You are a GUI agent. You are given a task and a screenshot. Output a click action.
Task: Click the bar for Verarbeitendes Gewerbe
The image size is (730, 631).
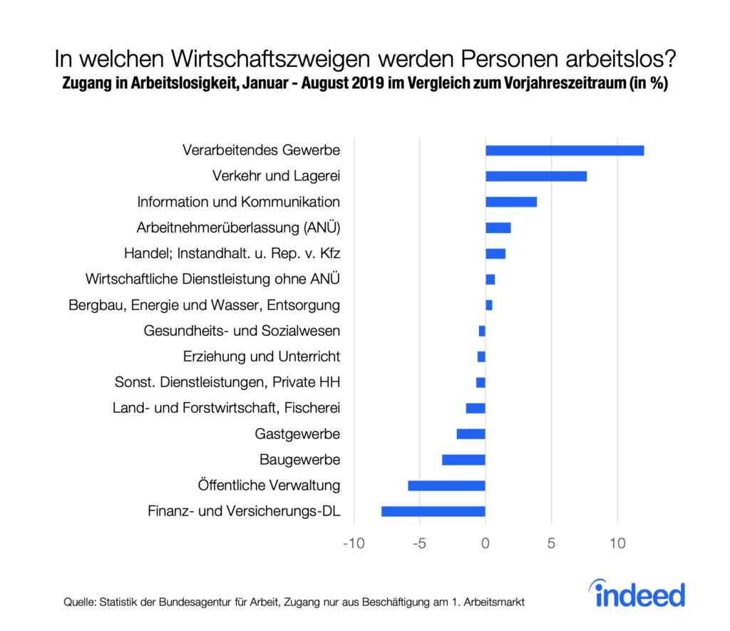(565, 150)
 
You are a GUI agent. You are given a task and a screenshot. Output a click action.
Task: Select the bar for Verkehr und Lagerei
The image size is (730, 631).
(536, 176)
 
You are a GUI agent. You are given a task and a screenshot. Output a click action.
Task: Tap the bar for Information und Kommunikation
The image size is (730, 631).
(511, 202)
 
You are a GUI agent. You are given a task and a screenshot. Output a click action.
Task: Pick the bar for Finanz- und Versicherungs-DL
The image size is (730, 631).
(433, 511)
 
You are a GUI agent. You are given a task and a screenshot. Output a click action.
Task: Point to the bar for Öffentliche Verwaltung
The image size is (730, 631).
(447, 486)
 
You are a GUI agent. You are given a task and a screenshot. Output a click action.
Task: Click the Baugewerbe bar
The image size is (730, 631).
(464, 460)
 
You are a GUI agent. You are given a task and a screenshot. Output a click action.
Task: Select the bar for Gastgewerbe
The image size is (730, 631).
(471, 434)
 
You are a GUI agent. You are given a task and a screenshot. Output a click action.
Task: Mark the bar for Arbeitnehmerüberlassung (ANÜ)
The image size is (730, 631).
(498, 227)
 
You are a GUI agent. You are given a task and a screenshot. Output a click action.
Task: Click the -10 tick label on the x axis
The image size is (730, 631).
(354, 544)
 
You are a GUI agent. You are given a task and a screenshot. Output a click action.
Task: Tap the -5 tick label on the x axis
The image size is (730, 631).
(419, 544)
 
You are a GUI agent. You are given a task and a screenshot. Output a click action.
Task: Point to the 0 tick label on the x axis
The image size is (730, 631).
(485, 544)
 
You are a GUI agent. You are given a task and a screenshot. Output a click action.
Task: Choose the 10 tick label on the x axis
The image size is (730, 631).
(617, 544)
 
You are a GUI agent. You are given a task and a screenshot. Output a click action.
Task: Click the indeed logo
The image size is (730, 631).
(637, 594)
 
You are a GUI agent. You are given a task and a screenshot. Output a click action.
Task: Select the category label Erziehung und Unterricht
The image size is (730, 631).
(262, 356)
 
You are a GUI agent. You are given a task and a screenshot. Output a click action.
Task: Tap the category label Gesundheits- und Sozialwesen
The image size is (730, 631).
(242, 331)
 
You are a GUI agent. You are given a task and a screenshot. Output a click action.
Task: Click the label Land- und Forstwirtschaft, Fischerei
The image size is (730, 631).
(226, 408)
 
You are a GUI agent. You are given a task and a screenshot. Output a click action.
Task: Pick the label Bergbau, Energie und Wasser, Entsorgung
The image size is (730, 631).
(205, 305)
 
